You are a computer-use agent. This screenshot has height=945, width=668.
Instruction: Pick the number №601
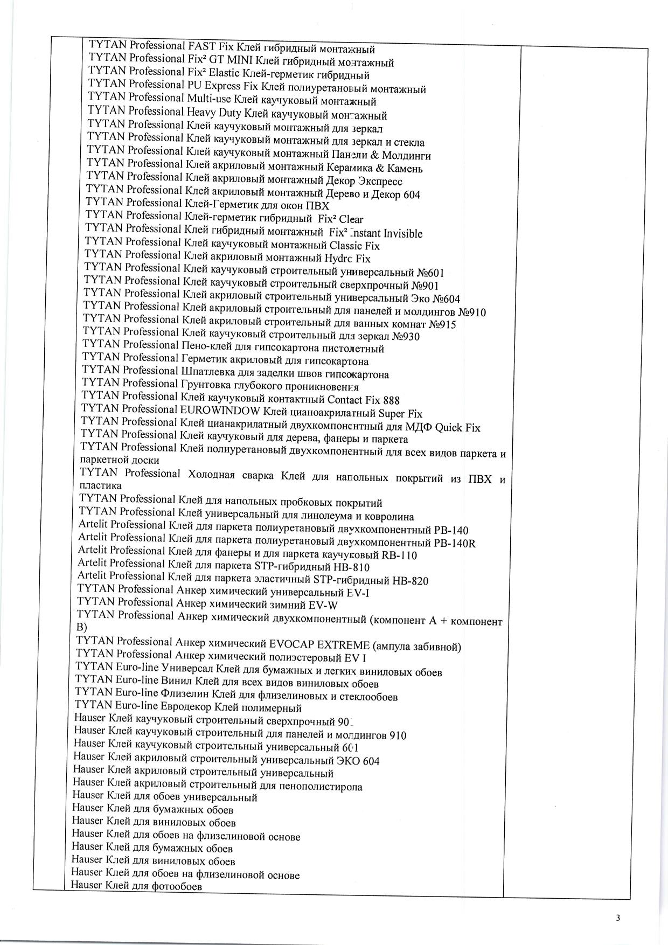tap(431, 273)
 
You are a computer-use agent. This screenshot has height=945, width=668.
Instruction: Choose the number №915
tap(442, 324)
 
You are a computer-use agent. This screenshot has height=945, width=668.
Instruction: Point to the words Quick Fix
tap(457, 428)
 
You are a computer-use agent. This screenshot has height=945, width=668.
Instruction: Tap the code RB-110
tap(399, 555)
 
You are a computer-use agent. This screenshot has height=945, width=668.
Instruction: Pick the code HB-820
tap(410, 581)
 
